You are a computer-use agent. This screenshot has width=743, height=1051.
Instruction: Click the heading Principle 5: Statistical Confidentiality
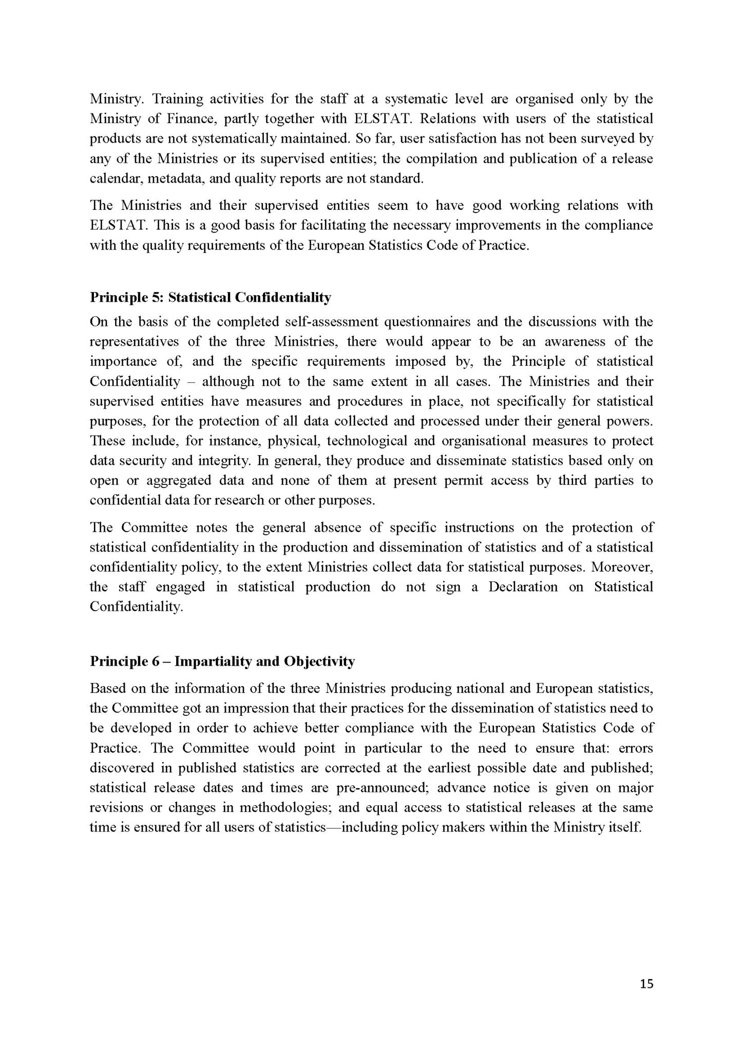(x=211, y=297)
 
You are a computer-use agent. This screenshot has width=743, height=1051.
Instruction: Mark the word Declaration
(x=522, y=587)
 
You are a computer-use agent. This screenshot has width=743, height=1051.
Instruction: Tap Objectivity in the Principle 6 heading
(x=319, y=661)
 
